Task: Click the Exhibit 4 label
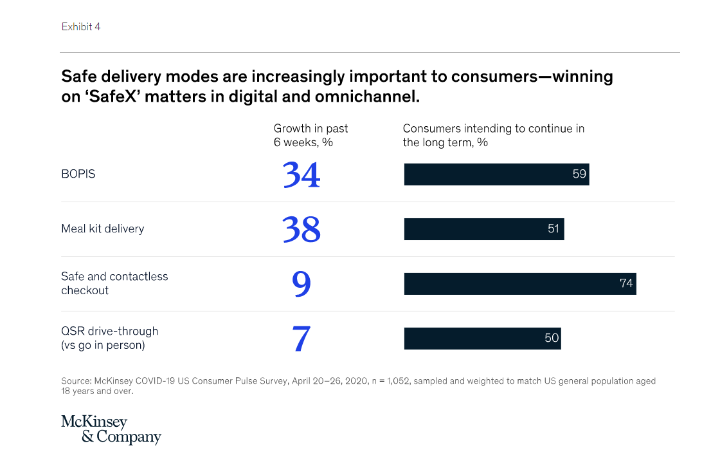(81, 27)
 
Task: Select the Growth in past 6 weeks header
(311, 135)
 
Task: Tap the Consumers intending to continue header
(493, 135)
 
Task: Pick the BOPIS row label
(78, 174)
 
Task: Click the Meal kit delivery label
(102, 229)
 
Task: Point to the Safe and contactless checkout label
(114, 283)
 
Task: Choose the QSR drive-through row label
(109, 338)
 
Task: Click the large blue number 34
(301, 174)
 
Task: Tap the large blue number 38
(301, 229)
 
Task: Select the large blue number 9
(301, 284)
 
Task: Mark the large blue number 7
(301, 339)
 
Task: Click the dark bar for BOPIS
(489, 174)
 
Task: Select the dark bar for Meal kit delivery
(476, 229)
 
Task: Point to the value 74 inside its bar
(626, 283)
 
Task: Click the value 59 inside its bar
(579, 174)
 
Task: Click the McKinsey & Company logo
(111, 429)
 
